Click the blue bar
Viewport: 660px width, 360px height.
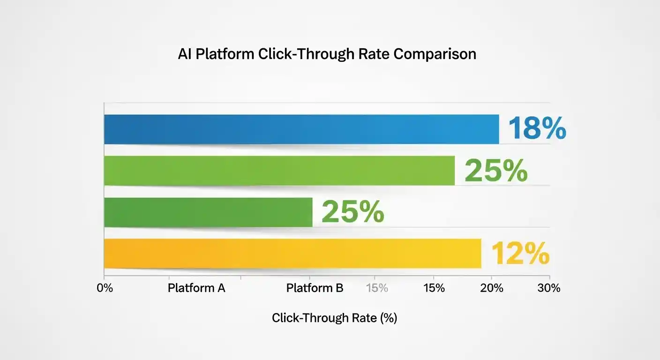tap(301, 129)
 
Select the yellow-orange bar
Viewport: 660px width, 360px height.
tap(292, 254)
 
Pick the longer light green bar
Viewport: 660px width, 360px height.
tap(279, 171)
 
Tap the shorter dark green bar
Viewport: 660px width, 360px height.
tap(208, 212)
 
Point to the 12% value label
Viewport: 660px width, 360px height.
tap(520, 255)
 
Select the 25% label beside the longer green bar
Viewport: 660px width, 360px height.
tap(495, 171)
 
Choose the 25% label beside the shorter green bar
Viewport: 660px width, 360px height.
tap(352, 212)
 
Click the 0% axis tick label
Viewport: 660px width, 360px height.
tap(105, 288)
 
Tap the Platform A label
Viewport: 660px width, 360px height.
tap(196, 288)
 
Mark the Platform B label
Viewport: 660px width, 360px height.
tap(315, 288)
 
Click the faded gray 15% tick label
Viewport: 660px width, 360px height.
tap(377, 288)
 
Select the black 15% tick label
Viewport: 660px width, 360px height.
tap(434, 288)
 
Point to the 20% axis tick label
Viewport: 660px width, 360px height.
tap(492, 288)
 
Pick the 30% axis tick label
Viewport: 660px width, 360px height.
tap(549, 288)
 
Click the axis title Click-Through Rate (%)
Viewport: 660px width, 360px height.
tap(334, 318)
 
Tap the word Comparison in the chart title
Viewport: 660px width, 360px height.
tap(435, 54)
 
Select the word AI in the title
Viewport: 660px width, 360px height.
tap(184, 54)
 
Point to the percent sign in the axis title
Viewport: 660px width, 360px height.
tap(389, 318)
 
